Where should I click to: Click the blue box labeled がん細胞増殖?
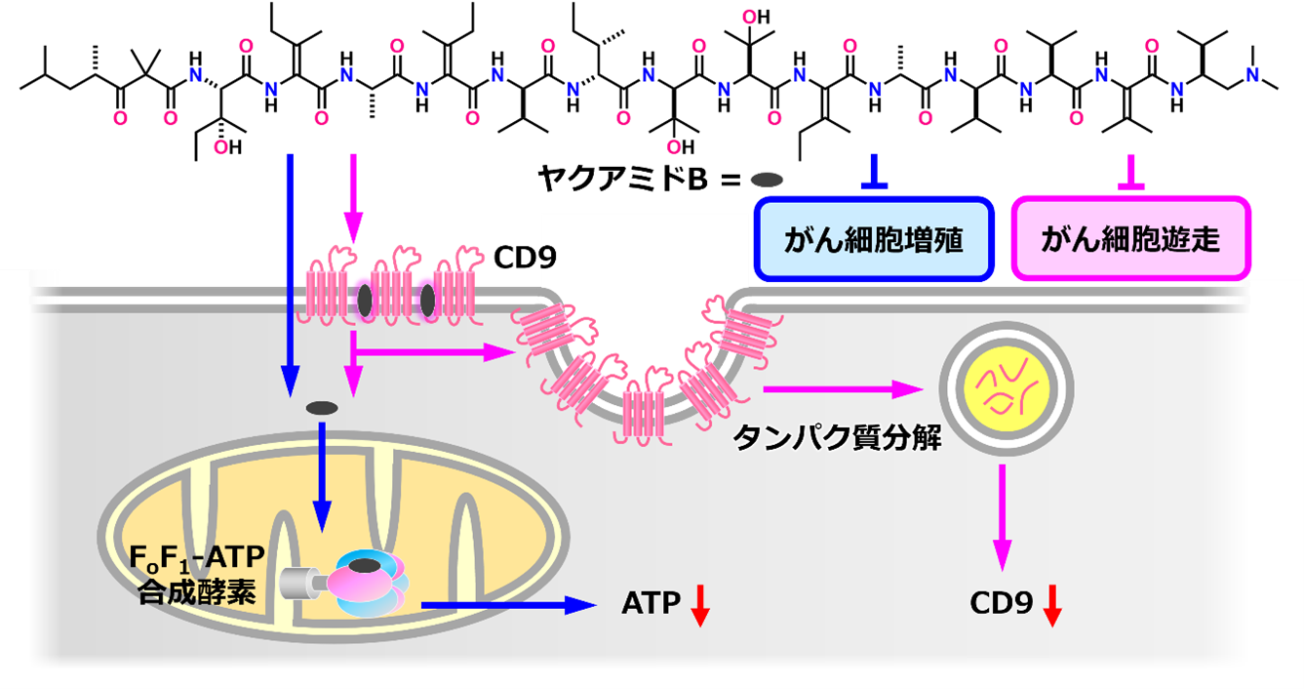click(x=874, y=239)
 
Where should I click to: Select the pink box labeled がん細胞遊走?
click(x=1130, y=239)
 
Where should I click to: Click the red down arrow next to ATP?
click(x=699, y=604)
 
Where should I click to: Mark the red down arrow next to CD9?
click(x=1051, y=604)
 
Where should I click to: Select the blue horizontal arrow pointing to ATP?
click(x=507, y=605)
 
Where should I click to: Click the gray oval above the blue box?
click(x=767, y=180)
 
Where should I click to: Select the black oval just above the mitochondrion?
click(x=322, y=407)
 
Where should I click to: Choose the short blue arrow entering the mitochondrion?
click(x=322, y=478)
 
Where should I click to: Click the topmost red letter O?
click(x=748, y=17)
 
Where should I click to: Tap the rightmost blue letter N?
click(x=1253, y=74)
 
